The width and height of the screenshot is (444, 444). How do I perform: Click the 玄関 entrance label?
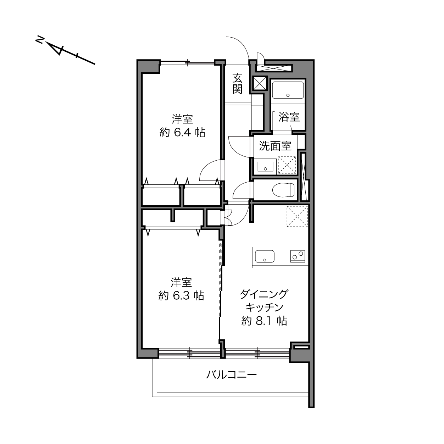237,84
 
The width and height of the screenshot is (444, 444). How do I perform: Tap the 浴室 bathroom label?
289,117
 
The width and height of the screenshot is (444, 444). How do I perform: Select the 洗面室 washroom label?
275,146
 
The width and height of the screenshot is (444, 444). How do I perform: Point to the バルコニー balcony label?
231,375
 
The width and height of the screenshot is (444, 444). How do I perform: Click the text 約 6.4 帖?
182,133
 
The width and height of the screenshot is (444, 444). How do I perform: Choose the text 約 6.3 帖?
181,296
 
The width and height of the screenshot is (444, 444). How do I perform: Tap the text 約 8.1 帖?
264,321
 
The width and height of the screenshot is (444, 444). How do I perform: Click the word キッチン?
264,307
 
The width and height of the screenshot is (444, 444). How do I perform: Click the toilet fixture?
283,190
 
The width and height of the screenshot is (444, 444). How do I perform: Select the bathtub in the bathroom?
288,90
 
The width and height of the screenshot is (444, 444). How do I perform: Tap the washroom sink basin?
265,166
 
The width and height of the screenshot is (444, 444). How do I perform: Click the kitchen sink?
265,256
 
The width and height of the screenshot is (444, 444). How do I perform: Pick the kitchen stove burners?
298,256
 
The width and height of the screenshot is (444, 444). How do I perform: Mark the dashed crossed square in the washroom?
287,165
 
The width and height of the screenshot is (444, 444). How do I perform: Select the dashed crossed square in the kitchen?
297,216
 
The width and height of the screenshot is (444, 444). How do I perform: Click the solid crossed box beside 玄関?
260,83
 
